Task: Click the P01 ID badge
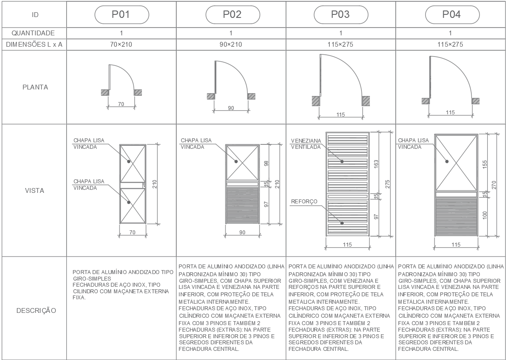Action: [x=122, y=14]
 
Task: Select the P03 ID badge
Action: [x=341, y=14]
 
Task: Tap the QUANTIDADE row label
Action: [x=33, y=33]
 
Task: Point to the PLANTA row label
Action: [x=35, y=87]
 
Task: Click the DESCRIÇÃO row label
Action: [x=36, y=311]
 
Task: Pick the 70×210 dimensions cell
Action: [x=122, y=45]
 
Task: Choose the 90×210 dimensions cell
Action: [x=231, y=45]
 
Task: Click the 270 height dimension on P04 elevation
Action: [x=494, y=185]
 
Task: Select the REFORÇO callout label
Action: [x=304, y=202]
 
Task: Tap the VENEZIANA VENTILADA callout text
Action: [x=306, y=144]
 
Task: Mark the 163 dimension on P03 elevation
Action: [x=376, y=164]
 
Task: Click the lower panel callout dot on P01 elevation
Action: [x=129, y=202]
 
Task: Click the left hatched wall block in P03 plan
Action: [x=315, y=101]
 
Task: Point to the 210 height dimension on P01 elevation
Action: [x=154, y=184]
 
